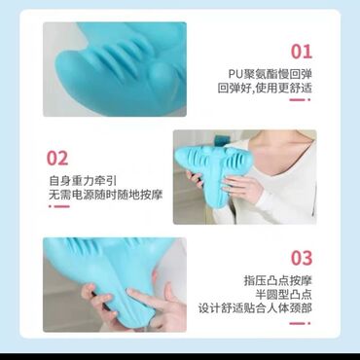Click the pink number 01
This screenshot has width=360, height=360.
pos(302,52)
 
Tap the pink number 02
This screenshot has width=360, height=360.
pos(57,159)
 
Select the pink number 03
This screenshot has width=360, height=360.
pos(302,258)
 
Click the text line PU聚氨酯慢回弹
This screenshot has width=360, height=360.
pos(270,74)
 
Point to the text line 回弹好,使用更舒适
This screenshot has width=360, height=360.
pos(265,89)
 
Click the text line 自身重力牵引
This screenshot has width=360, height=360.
pos(83,181)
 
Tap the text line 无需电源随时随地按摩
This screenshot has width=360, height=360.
pos(105,195)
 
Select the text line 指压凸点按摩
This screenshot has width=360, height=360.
pos(277,280)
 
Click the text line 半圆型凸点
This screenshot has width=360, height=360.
pos(283,294)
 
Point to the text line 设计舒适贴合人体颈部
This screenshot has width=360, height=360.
pos(255,308)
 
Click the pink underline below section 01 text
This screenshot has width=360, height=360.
pos(300,99)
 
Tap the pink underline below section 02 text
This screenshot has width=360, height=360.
pos(59,206)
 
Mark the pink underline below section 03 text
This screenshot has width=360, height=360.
pos(300,323)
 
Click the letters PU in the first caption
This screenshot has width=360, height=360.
pos(234,74)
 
